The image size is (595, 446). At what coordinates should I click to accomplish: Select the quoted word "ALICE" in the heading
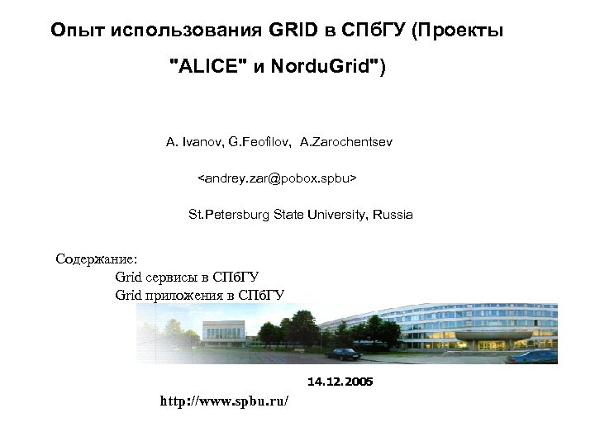206,67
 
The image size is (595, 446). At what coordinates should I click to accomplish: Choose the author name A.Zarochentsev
346,143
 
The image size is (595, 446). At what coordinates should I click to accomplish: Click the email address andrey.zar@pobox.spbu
277,178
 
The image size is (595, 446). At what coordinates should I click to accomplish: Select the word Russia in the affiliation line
393,215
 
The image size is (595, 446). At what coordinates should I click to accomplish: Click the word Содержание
90,259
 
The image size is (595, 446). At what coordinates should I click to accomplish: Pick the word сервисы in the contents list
177,277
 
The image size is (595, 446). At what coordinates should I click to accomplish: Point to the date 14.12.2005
340,382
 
